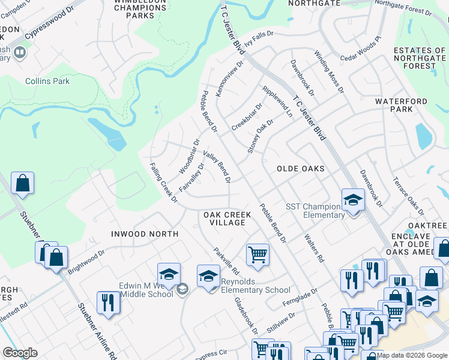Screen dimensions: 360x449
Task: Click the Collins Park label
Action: click(x=47, y=82)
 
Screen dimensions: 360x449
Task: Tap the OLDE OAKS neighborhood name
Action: click(x=300, y=169)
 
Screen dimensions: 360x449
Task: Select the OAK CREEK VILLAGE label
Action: click(x=224, y=218)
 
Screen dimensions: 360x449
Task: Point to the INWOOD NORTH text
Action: click(x=145, y=233)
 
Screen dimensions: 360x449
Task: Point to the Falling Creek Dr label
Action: click(x=163, y=182)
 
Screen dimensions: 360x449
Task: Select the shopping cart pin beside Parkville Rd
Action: click(x=258, y=254)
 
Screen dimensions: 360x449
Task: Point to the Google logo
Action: click(x=20, y=353)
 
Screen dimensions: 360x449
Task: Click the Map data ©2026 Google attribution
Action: click(x=412, y=355)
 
